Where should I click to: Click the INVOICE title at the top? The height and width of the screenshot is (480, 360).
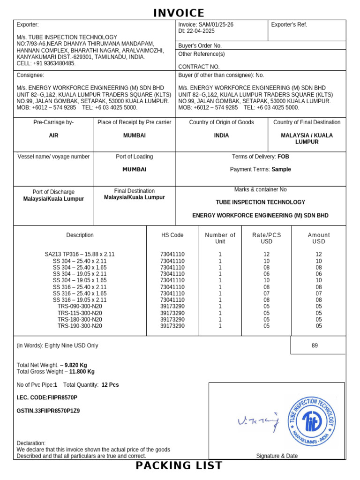coord(179,13)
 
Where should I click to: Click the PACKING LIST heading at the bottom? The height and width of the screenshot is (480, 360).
coord(179,465)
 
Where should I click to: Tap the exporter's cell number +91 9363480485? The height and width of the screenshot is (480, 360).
coord(54,63)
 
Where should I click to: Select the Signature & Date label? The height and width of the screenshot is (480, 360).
coord(277,456)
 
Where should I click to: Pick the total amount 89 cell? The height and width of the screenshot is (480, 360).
coord(315,345)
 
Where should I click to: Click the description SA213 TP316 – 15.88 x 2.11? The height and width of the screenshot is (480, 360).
coord(80,254)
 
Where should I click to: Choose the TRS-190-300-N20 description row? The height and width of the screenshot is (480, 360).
coord(80,326)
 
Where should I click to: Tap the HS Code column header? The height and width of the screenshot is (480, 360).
coord(172,235)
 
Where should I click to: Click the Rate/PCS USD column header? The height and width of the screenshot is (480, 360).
coord(266,238)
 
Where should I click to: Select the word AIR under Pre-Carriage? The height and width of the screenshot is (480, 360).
coord(53,135)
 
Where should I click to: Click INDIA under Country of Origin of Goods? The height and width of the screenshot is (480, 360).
coord(221,135)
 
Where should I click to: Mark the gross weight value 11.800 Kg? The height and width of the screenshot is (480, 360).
coord(82,371)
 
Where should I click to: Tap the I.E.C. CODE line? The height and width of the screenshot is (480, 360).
coord(47,397)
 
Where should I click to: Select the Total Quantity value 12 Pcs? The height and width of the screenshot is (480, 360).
coord(110,384)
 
